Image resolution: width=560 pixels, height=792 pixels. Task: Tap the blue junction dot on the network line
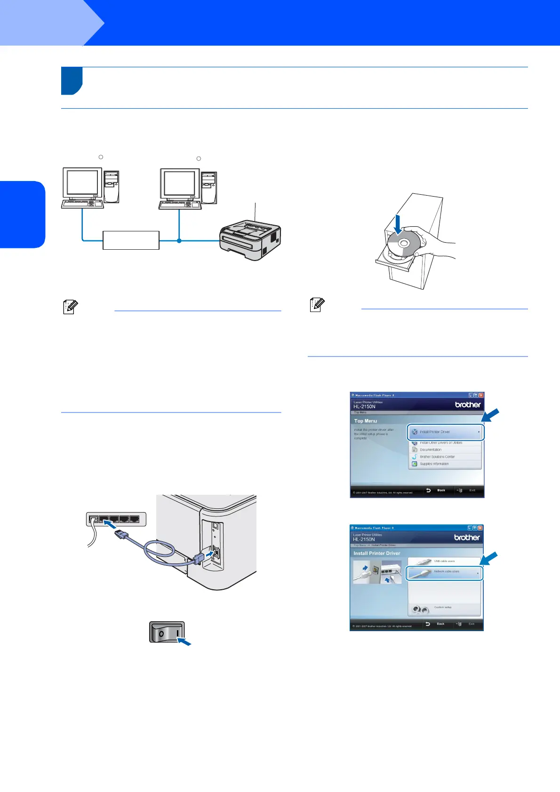coord(179,241)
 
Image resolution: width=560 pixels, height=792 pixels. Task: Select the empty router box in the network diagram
coord(131,240)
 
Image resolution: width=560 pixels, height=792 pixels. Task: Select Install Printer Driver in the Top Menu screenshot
coord(445,432)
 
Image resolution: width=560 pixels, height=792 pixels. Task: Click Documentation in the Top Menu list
coord(431,450)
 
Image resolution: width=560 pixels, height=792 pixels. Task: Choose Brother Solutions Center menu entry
coord(437,457)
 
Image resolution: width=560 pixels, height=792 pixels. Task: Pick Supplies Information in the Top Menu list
coord(434,464)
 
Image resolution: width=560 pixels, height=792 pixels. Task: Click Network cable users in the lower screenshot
coord(444,572)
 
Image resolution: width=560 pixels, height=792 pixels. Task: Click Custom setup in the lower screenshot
coord(442,608)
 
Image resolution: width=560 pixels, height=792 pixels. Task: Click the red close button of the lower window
coord(480,528)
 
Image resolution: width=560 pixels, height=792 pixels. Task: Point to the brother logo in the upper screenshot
coord(468,404)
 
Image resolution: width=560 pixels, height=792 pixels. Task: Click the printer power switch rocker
coord(168,632)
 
